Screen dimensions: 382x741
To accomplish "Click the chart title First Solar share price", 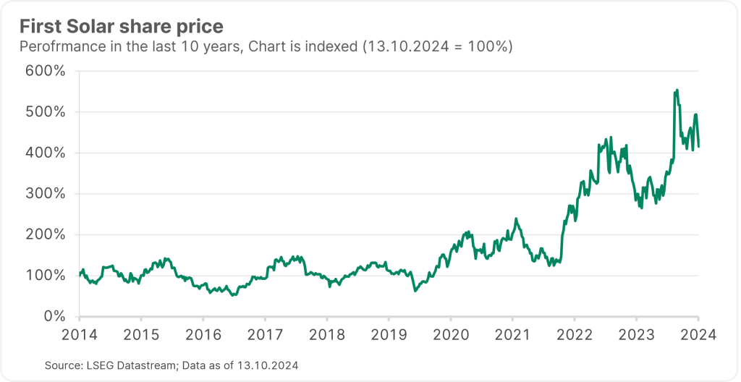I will [x=121, y=27].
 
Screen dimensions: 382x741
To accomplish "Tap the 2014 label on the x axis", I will [x=79, y=335].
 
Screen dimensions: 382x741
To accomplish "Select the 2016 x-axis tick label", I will [x=203, y=335].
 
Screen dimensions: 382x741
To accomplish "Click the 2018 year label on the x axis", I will [x=326, y=335].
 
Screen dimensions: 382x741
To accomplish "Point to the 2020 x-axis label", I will [x=450, y=335].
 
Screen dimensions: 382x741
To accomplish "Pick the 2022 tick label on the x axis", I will [x=574, y=335].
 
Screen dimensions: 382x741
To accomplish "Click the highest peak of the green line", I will [x=677, y=90].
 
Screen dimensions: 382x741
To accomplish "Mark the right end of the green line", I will [x=698, y=146].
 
